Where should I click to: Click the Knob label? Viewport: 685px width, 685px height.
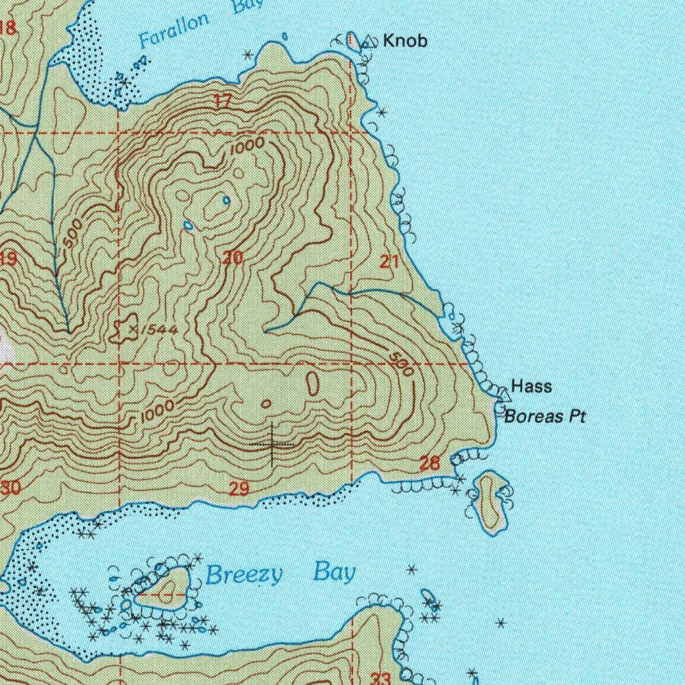(405, 41)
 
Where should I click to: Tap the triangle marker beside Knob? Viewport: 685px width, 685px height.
(366, 43)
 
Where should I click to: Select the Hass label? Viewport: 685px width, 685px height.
(531, 386)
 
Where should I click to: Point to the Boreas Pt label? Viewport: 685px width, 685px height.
(545, 417)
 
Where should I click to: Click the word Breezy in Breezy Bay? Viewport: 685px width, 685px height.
(244, 575)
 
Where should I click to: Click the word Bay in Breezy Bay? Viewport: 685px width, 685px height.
(334, 573)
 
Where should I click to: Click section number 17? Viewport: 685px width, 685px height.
(223, 102)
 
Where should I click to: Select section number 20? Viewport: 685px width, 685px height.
(233, 258)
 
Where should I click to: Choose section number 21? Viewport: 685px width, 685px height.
(389, 262)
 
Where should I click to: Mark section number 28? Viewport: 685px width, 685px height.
(430, 462)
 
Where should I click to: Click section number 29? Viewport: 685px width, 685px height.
(239, 490)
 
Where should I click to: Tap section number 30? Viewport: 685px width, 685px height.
(10, 488)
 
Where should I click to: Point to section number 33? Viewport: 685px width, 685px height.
(381, 678)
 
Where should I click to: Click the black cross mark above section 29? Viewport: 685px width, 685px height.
(272, 444)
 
